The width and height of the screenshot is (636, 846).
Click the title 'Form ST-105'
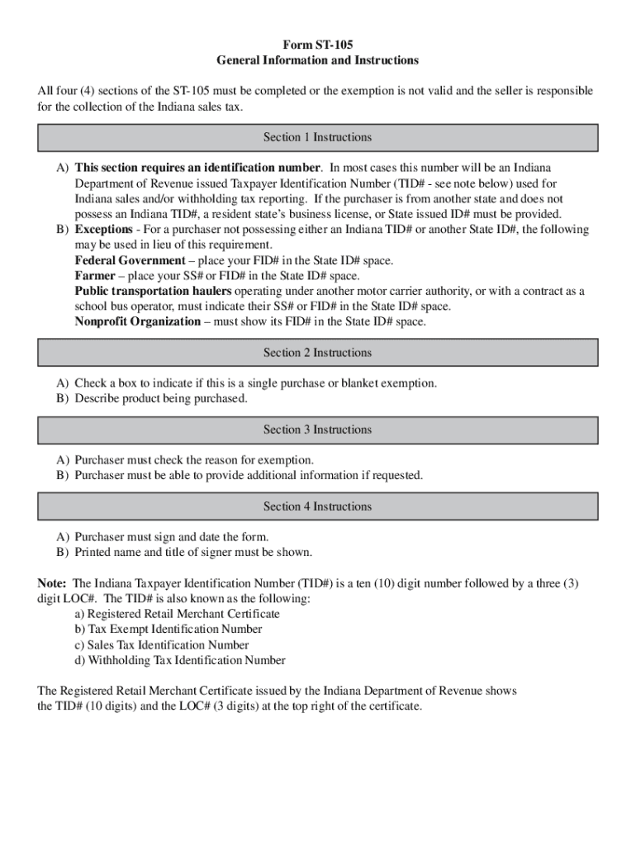pyautogui.click(x=318, y=45)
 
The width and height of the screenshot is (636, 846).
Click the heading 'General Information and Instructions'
pyautogui.click(x=318, y=60)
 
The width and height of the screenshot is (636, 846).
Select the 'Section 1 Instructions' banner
pyautogui.click(x=318, y=137)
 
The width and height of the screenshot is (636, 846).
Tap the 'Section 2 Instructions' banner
pyautogui.click(x=318, y=353)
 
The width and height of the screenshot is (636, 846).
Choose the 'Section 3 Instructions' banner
pyautogui.click(x=318, y=430)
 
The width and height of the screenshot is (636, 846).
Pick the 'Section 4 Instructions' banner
pyautogui.click(x=318, y=506)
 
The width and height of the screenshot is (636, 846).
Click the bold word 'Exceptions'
pyautogui.click(x=103, y=230)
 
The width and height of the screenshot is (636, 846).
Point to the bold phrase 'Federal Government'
pyautogui.click(x=130, y=261)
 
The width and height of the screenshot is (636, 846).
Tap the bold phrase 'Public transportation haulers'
pyautogui.click(x=154, y=292)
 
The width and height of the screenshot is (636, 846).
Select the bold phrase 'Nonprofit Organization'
pyautogui.click(x=137, y=322)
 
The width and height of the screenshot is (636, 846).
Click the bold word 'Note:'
pyautogui.click(x=54, y=583)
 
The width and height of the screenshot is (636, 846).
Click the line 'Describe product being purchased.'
pyautogui.click(x=160, y=399)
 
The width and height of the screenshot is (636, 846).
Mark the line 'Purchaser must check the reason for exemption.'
pyautogui.click(x=194, y=460)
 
